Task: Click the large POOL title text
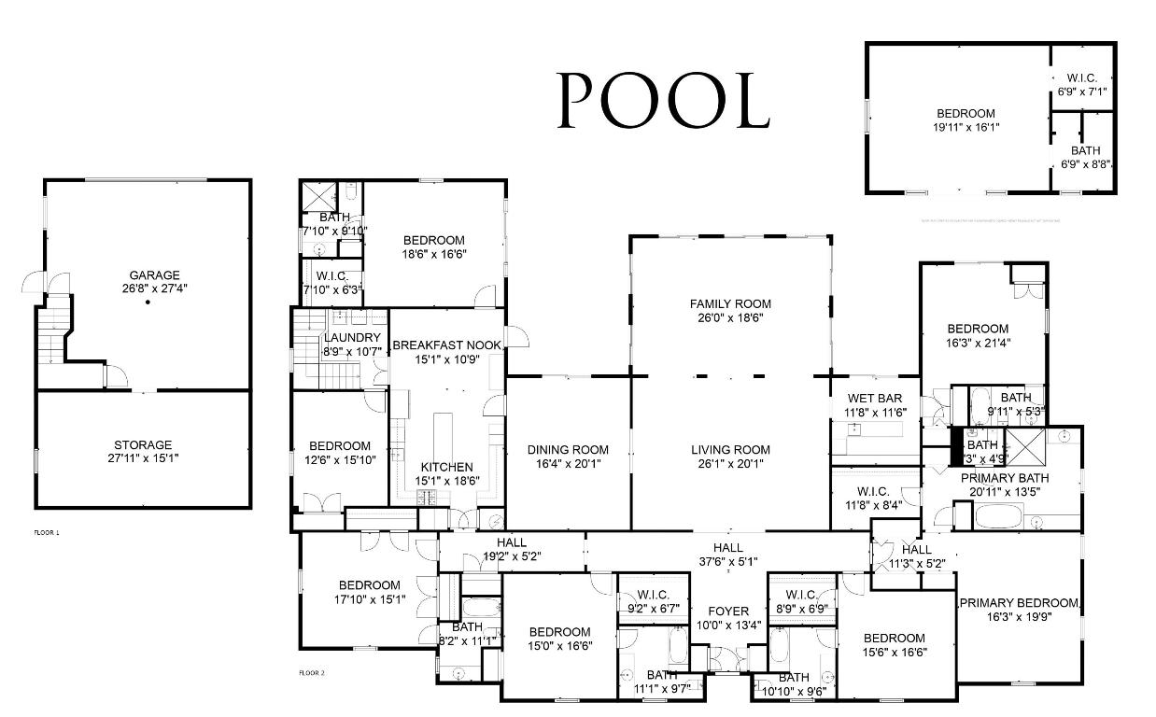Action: pos(663,100)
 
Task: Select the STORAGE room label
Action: pos(143,445)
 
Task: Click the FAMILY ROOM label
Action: pos(730,304)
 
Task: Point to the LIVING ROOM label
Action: pos(730,449)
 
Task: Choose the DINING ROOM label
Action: pos(568,449)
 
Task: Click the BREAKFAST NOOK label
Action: pos(447,345)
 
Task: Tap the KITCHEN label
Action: pos(446,467)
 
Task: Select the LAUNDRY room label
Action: pos(352,338)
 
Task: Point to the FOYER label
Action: pos(728,612)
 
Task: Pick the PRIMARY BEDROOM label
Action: pos(1019,603)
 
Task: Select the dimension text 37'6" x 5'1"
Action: pos(728,561)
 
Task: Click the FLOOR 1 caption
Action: pos(46,532)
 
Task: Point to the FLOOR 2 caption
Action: pos(311,672)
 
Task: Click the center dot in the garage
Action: pos(148,302)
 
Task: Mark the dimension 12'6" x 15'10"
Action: pos(340,460)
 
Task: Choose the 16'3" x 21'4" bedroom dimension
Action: pos(978,343)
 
